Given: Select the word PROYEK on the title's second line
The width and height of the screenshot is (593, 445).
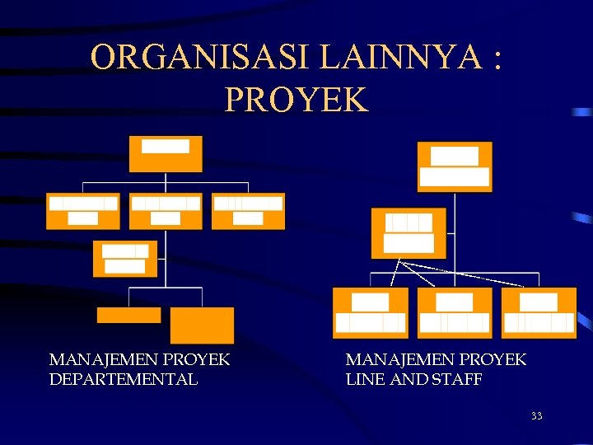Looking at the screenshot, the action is pyautogui.click(x=296, y=99).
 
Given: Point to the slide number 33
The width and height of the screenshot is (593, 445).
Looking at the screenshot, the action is pyautogui.click(x=536, y=416).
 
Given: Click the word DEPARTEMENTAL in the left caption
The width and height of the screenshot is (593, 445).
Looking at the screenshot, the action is pyautogui.click(x=124, y=379).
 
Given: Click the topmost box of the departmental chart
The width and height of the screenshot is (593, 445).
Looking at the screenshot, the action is pyautogui.click(x=166, y=154).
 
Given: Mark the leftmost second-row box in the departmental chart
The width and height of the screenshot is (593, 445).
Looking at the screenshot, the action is pyautogui.click(x=82, y=211).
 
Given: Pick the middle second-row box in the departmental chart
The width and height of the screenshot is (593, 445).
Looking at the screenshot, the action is pyautogui.click(x=166, y=211).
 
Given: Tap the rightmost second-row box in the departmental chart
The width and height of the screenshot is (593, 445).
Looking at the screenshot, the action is pyautogui.click(x=248, y=211).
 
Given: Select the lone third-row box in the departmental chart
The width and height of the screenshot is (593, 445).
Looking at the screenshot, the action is pyautogui.click(x=125, y=258).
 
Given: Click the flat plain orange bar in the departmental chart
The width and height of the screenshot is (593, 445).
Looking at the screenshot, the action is pyautogui.click(x=128, y=315).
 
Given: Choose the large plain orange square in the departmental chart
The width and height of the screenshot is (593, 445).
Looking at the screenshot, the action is pyautogui.click(x=202, y=326).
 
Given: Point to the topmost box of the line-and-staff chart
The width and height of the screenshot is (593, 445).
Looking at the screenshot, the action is pyautogui.click(x=455, y=166).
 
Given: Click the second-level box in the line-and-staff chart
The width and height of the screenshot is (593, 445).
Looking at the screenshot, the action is pyautogui.click(x=409, y=233).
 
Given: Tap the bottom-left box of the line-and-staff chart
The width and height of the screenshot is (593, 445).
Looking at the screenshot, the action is pyautogui.click(x=370, y=312).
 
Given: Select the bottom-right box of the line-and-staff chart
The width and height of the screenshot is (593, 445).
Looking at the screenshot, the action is pyautogui.click(x=539, y=312).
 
